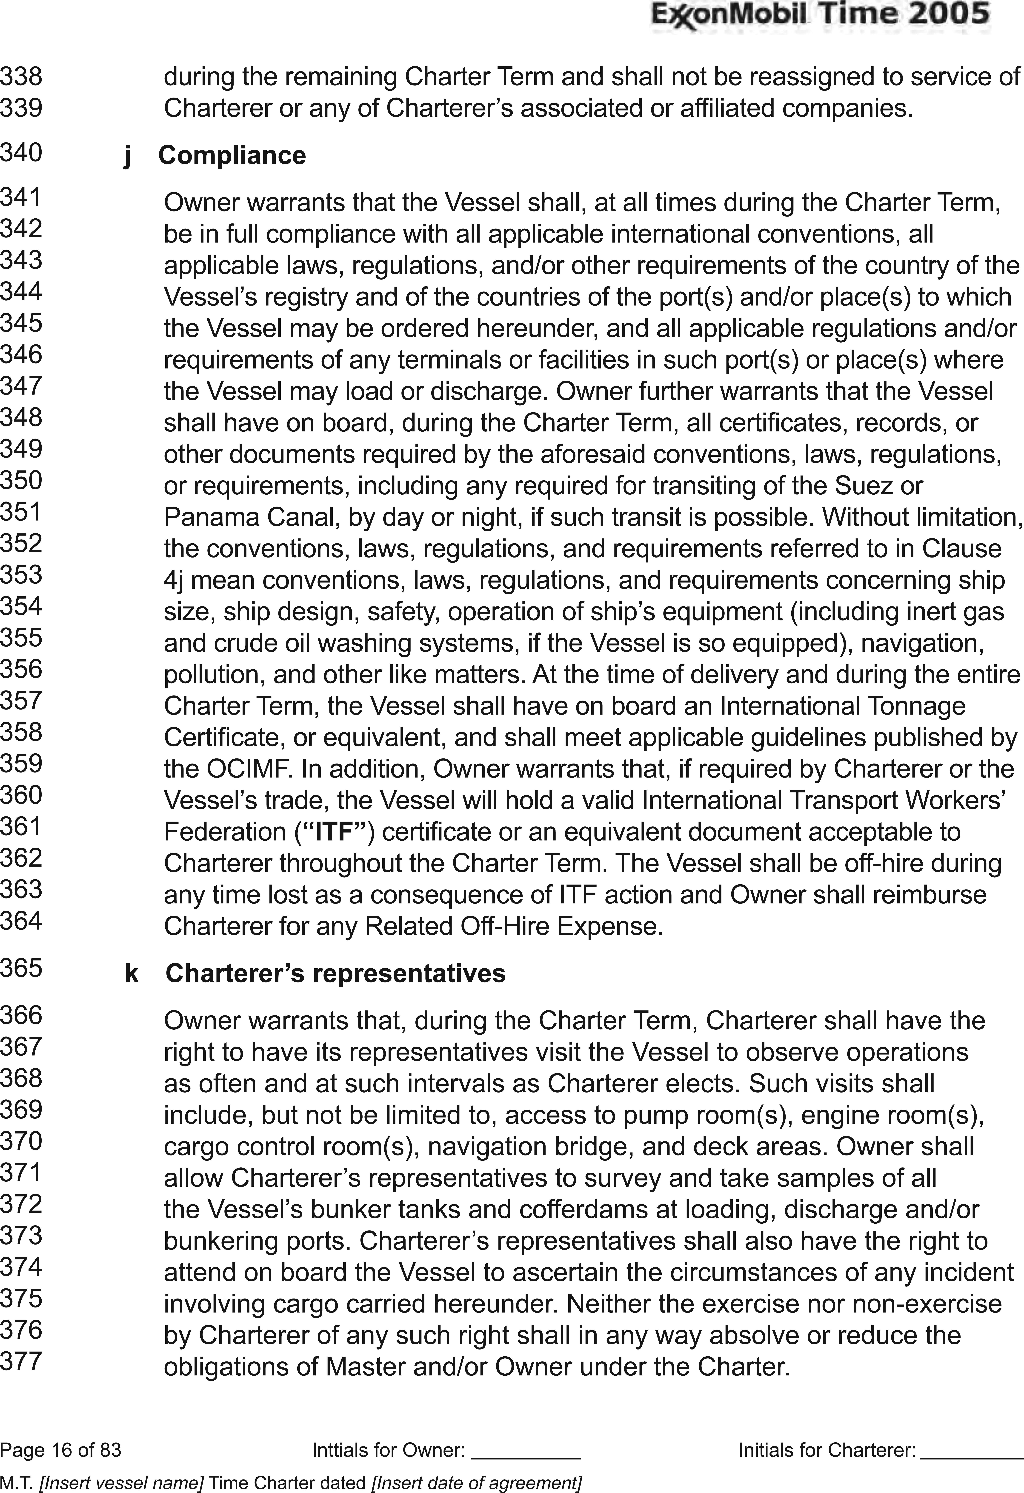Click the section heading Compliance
(x=232, y=155)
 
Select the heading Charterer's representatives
(x=336, y=973)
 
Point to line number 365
(x=21, y=967)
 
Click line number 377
(x=21, y=1361)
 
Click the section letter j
(x=127, y=156)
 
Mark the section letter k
(x=132, y=973)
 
